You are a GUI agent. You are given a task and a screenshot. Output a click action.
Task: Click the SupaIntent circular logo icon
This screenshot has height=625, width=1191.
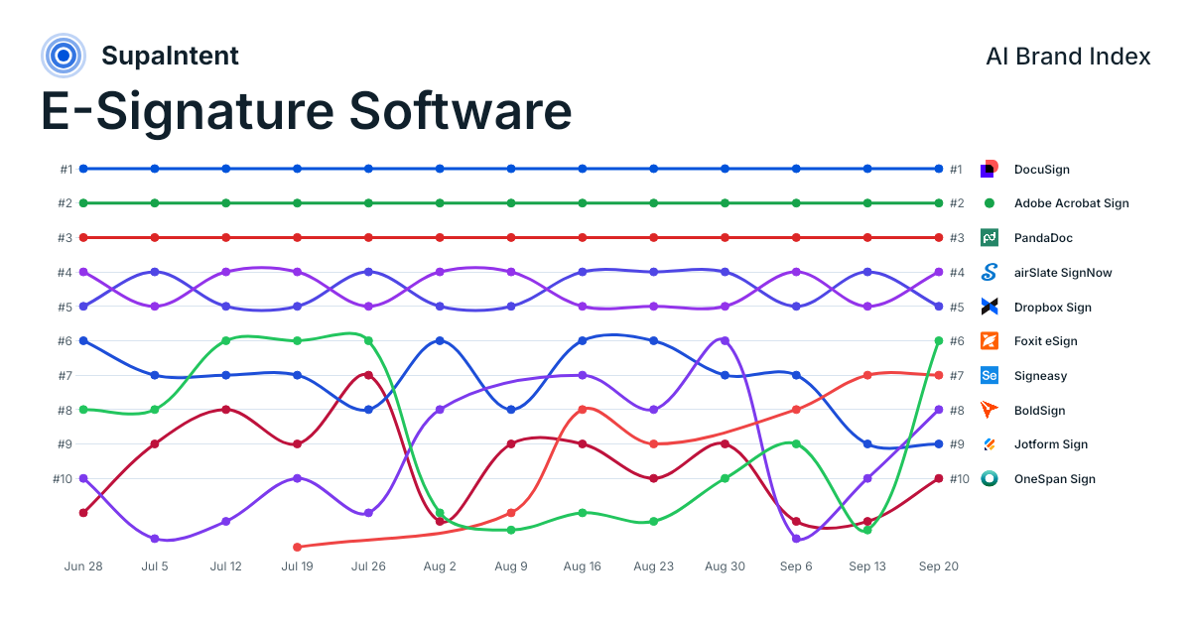[64, 56]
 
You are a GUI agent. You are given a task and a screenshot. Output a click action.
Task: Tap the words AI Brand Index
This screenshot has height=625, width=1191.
[1068, 57]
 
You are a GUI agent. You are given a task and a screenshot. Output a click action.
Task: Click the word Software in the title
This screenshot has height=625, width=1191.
[461, 111]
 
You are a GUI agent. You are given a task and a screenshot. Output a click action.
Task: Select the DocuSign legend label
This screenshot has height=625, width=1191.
[1041, 170]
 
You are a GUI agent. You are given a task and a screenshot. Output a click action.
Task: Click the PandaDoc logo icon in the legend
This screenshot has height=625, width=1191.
[989, 237]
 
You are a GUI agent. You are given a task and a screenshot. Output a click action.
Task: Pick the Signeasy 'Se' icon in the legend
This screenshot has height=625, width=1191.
[989, 375]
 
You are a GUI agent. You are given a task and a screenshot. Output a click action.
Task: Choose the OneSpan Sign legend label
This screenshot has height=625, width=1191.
[1054, 479]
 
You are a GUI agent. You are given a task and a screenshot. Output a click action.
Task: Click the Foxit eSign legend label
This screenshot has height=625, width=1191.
[1045, 341]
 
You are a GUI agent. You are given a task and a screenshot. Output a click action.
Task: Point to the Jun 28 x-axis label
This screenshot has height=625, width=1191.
[83, 566]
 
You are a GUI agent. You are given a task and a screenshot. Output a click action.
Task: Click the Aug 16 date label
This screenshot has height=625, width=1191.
[583, 566]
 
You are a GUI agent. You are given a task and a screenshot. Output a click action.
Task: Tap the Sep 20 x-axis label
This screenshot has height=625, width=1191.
[939, 566]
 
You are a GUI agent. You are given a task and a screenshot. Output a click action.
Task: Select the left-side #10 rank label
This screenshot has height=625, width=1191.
[63, 479]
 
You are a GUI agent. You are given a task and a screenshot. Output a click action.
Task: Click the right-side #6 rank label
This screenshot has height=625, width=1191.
[957, 341]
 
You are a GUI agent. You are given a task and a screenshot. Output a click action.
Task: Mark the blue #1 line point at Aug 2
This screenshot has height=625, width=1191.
[440, 169]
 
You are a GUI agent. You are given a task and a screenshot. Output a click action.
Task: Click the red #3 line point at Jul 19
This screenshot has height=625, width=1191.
[297, 237]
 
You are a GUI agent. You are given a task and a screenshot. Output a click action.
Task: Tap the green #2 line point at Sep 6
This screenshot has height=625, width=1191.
[796, 203]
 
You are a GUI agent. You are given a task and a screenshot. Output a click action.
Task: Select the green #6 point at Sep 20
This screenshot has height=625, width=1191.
[939, 340]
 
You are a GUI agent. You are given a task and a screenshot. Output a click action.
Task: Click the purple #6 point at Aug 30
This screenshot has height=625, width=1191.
[725, 340]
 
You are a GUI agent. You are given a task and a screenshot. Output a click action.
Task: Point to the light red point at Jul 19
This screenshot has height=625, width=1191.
[297, 547]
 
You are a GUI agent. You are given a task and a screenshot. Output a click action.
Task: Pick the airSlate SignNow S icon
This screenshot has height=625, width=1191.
[989, 272]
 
